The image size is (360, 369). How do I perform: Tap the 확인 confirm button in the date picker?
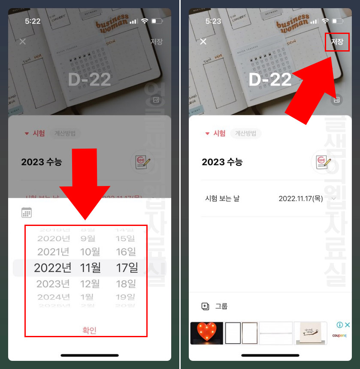(x=89, y=330)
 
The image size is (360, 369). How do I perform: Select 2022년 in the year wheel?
(x=53, y=268)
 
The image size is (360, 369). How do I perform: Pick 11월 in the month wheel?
(x=90, y=268)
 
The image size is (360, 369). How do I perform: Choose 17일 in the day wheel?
(x=127, y=268)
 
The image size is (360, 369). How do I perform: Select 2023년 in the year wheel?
(x=53, y=284)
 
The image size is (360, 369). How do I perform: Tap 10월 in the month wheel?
(x=90, y=252)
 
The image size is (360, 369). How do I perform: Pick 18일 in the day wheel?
(x=126, y=284)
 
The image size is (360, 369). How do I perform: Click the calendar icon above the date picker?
(x=27, y=212)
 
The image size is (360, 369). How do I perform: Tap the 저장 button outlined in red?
(x=337, y=42)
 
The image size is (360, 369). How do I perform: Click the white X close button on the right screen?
(x=203, y=41)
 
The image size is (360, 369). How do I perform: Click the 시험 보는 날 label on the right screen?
(x=222, y=198)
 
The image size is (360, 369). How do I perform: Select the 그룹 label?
(x=221, y=306)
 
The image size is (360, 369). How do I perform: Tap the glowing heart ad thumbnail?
(x=206, y=333)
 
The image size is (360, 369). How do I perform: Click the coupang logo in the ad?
(x=339, y=335)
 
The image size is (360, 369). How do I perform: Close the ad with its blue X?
(x=348, y=325)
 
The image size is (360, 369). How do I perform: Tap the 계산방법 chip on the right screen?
(x=245, y=133)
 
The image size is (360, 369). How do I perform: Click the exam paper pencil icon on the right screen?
(x=322, y=162)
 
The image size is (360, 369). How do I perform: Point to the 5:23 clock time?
(x=213, y=21)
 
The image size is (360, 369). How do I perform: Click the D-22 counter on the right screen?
(x=270, y=79)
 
